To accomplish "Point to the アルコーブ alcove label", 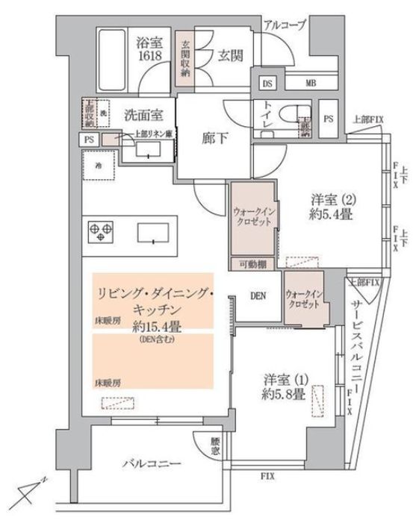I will tap(285, 25).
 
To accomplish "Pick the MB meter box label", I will tap(310, 83).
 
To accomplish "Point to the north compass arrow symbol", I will tap(30, 490).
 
